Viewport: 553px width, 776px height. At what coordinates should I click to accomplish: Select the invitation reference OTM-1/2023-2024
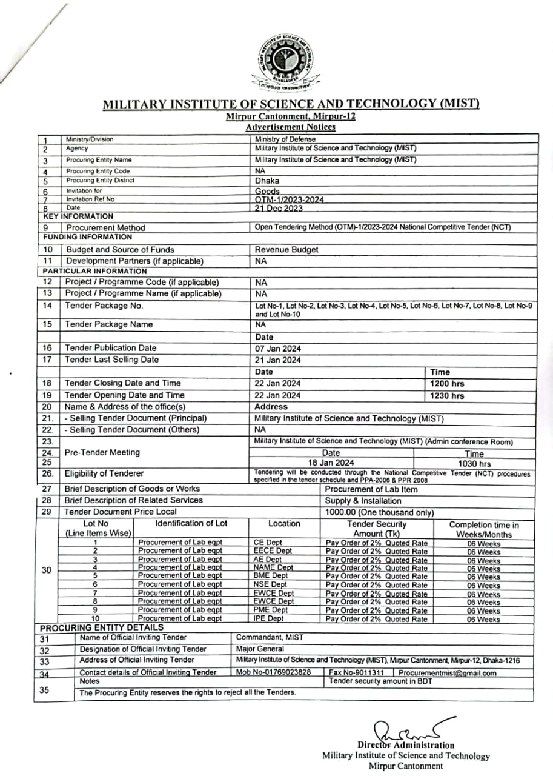(x=290, y=199)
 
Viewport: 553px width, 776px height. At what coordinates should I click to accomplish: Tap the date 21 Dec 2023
(x=279, y=208)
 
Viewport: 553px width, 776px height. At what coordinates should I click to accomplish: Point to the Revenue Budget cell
(x=286, y=249)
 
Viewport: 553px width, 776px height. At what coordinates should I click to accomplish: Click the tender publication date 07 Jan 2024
(x=277, y=348)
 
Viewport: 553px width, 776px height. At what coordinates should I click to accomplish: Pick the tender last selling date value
(x=277, y=360)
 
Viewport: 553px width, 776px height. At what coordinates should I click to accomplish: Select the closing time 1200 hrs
(x=448, y=384)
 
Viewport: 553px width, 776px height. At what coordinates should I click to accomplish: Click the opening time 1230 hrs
(x=448, y=396)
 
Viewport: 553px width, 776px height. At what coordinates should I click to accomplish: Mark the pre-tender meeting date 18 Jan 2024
(x=331, y=463)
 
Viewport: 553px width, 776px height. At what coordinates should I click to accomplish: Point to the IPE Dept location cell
(x=269, y=619)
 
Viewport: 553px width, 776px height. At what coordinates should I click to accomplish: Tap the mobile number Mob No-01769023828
(x=274, y=673)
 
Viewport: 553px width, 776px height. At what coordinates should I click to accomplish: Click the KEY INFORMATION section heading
(x=78, y=216)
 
